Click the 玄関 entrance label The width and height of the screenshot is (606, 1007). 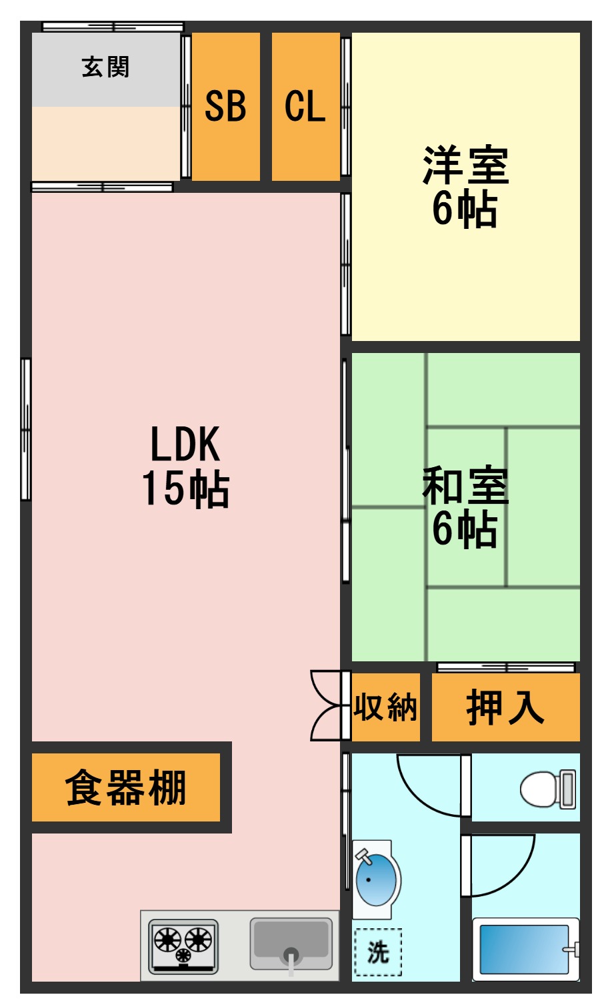point(105,67)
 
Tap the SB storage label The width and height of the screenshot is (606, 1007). point(225,106)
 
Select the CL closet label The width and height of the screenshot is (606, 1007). point(305,106)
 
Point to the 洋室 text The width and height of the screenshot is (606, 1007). point(465,165)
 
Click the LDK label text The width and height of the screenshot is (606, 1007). point(185,444)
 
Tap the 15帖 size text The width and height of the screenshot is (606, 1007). point(185,488)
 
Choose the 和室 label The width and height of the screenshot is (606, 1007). point(465,486)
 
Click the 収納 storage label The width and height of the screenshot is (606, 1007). point(385,707)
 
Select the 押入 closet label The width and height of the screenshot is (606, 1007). point(505,707)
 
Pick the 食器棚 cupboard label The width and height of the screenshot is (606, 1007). point(126,787)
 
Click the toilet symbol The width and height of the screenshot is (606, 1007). point(548,789)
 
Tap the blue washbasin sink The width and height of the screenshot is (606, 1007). point(376,880)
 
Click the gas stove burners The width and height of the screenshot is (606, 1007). point(183,946)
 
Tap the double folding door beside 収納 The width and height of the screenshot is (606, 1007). point(330,705)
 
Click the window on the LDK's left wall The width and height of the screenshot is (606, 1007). point(26,429)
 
